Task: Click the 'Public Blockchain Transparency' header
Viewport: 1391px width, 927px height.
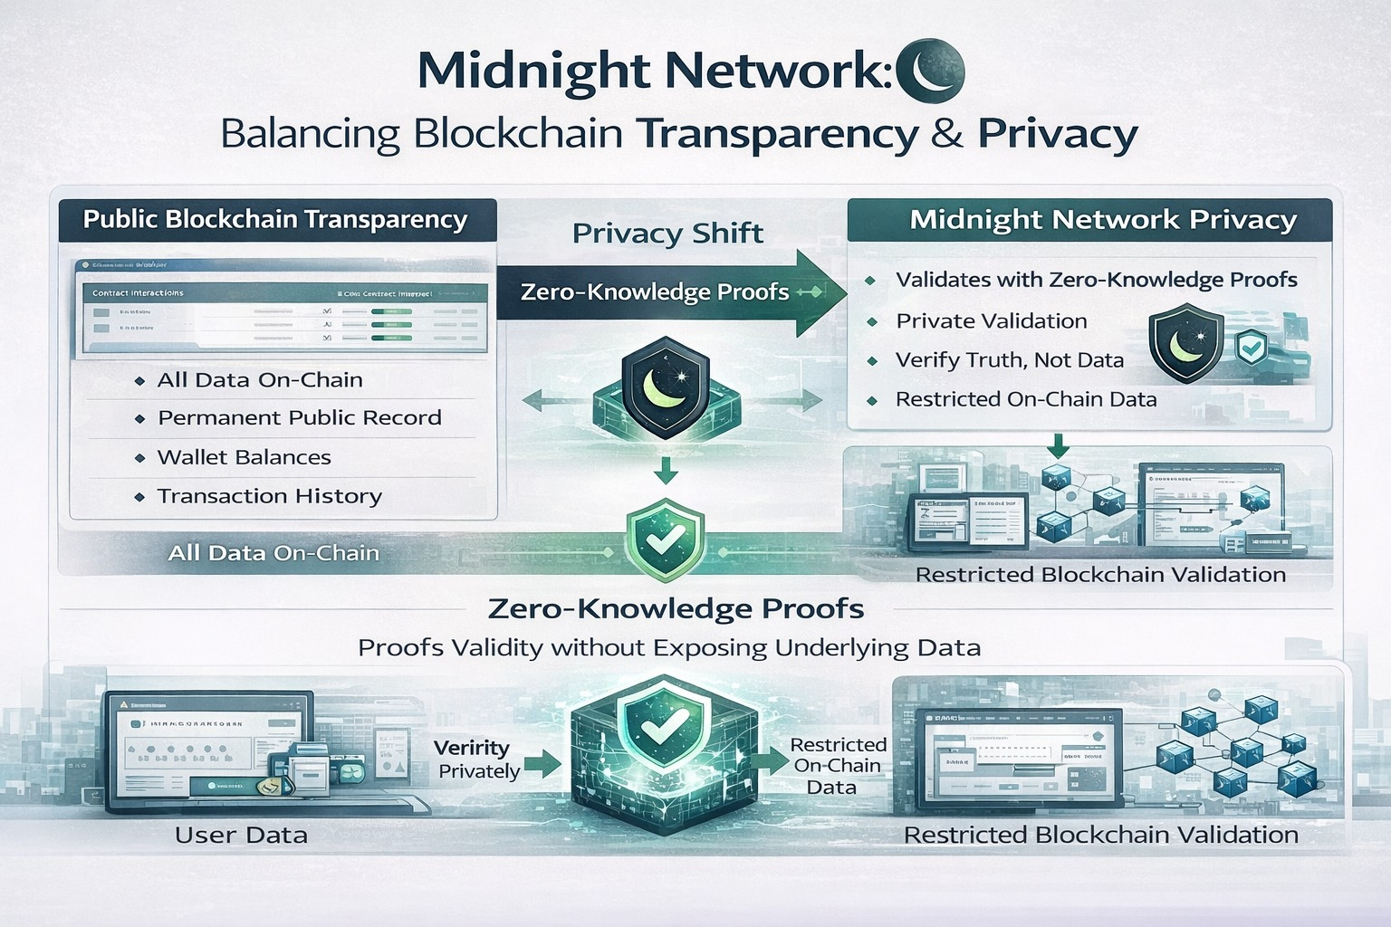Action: [275, 220]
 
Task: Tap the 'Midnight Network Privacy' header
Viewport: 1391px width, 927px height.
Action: [1103, 220]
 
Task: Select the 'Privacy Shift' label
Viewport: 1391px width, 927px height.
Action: [667, 234]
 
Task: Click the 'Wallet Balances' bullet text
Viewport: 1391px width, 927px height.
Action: [244, 457]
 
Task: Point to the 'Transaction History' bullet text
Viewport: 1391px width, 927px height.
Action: [269, 496]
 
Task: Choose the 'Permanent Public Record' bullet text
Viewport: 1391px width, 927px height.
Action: [299, 418]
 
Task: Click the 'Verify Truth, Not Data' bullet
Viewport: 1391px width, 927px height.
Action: [1009, 360]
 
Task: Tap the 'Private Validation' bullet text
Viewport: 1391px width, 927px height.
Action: [991, 321]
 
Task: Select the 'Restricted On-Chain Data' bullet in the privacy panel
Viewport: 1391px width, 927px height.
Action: [1025, 399]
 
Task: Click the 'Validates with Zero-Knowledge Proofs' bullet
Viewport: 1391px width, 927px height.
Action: [1096, 280]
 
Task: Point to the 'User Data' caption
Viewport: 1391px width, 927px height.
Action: [241, 835]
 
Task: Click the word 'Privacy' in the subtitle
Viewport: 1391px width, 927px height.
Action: [1057, 134]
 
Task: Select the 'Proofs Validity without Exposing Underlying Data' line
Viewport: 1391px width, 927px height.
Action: [669, 647]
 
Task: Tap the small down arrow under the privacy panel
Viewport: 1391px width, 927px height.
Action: [1057, 444]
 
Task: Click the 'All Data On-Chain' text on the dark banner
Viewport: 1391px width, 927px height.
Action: [273, 553]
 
